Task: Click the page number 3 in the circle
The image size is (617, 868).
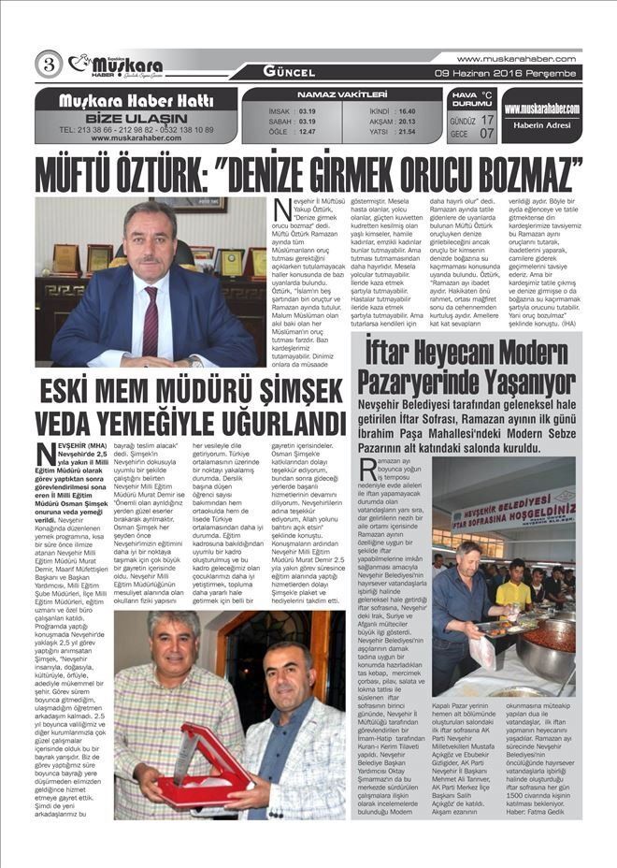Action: pos(48,65)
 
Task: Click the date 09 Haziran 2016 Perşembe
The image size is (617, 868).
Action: pos(508,72)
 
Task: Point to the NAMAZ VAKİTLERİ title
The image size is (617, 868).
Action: pos(341,95)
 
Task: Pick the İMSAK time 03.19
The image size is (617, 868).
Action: pos(307,110)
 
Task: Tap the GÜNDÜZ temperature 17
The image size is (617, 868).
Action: pos(487,120)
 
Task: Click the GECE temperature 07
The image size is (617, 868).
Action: pos(487,134)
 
